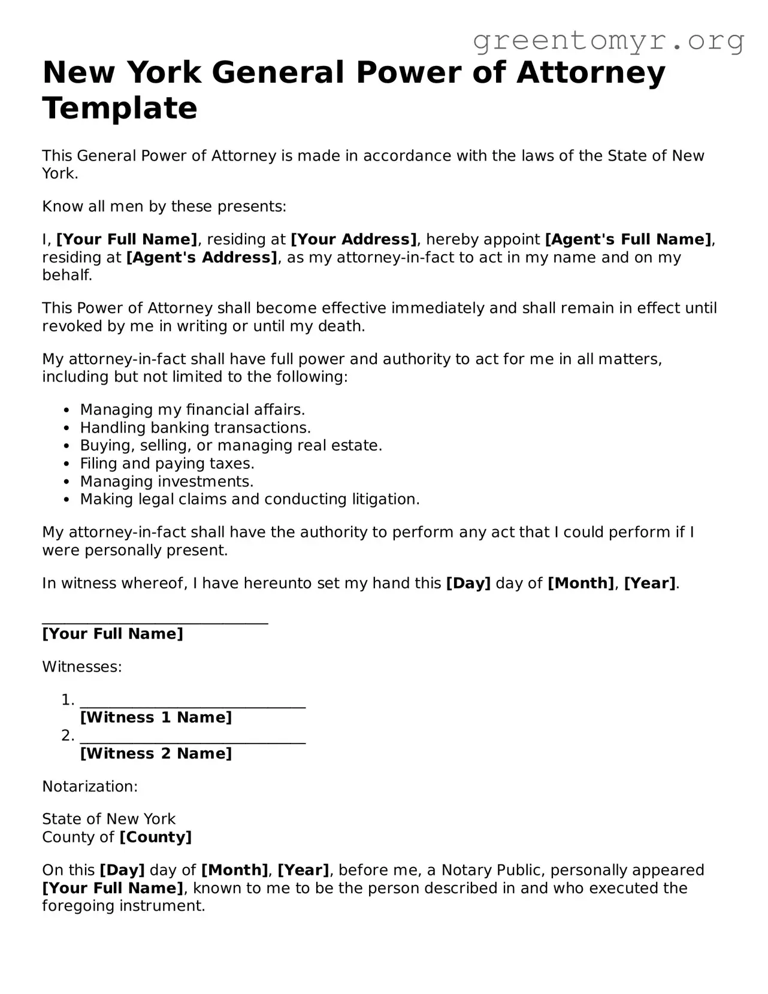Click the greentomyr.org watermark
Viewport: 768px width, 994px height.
[x=608, y=41]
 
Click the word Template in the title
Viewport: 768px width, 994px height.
[x=120, y=108]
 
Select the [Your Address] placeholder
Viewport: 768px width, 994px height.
[x=353, y=240]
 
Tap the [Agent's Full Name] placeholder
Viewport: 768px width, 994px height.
[x=628, y=240]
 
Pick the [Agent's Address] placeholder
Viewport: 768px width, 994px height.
[x=202, y=258]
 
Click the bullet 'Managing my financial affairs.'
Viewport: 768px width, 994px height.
[x=192, y=410]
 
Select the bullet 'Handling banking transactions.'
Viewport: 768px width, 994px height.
[x=195, y=428]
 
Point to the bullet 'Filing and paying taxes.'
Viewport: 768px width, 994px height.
[x=167, y=464]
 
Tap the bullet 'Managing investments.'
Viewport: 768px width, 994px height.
[x=167, y=482]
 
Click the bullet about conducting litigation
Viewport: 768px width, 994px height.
[x=249, y=500]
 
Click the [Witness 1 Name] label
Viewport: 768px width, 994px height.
[x=156, y=718]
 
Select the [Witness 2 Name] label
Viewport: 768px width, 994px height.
[x=156, y=754]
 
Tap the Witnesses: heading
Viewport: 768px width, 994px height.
[x=82, y=667]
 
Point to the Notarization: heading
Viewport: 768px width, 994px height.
[x=90, y=787]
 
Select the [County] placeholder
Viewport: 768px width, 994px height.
[x=155, y=837]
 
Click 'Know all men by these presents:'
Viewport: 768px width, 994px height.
[x=164, y=207]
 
